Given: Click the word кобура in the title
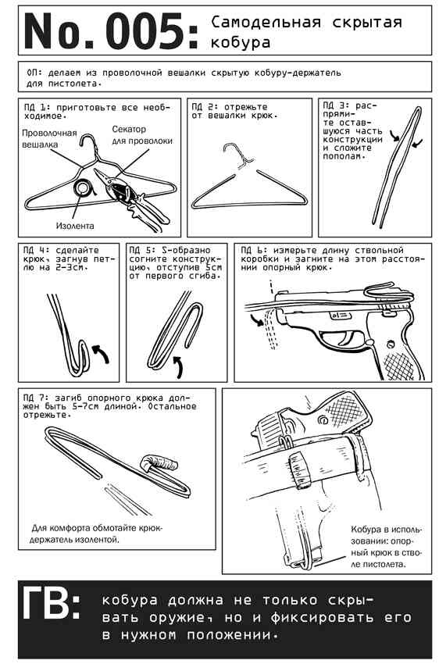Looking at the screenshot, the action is [x=240, y=42].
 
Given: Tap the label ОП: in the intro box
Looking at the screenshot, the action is [x=34, y=73].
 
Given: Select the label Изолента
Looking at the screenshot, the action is [x=75, y=226].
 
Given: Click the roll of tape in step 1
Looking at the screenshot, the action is [x=83, y=187].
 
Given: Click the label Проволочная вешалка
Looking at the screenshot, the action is [x=49, y=139].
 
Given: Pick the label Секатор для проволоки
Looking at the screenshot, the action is [x=142, y=134].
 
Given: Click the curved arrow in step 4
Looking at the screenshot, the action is [x=102, y=354].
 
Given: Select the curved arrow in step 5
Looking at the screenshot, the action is [x=180, y=366].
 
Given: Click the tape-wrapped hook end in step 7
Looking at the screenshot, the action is [x=159, y=462].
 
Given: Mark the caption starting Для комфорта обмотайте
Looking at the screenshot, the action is [x=97, y=534].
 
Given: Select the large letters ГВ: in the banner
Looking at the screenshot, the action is [x=50, y=602].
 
